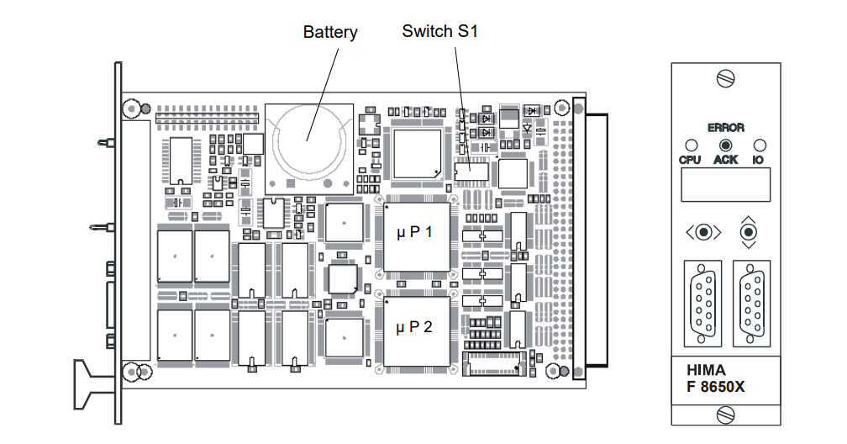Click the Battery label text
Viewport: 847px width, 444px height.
click(330, 33)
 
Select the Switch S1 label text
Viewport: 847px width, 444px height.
click(439, 32)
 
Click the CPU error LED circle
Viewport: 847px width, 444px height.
click(691, 145)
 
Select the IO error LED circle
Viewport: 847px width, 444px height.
click(759, 145)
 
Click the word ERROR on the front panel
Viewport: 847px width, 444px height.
click(725, 128)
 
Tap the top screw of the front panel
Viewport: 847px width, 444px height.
click(725, 79)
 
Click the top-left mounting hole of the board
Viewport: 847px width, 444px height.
click(131, 108)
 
